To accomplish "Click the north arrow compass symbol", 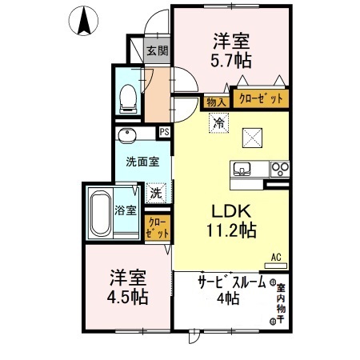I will click(83, 20).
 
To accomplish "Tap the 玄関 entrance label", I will click(158, 52).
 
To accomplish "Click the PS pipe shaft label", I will click(165, 133).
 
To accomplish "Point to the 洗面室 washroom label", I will click(142, 161).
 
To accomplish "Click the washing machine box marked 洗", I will click(157, 192).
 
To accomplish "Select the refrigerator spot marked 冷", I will click(217, 122).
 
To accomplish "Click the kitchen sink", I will click(243, 169).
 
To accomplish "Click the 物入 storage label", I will click(215, 102).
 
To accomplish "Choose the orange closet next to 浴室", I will click(157, 228).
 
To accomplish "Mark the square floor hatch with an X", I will click(254, 138).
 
